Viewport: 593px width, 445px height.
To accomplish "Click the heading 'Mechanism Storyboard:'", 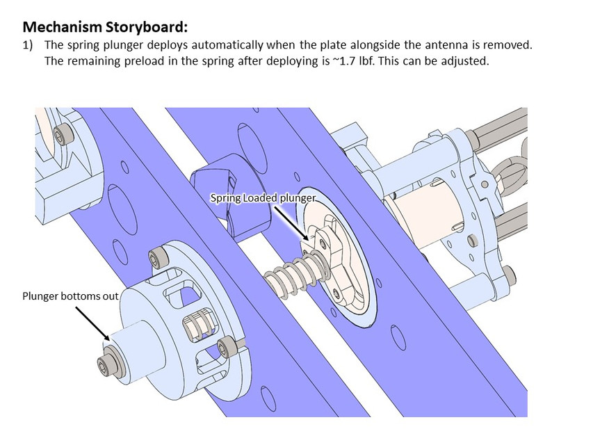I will pyautogui.click(x=106, y=27).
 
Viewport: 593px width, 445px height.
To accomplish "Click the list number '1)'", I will pyautogui.click(x=30, y=45).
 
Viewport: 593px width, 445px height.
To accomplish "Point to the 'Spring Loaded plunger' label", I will pyautogui.click(x=263, y=198).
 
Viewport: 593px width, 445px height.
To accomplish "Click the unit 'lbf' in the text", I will pyautogui.click(x=366, y=60).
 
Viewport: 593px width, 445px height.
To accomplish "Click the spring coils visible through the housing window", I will pyautogui.click(x=197, y=326).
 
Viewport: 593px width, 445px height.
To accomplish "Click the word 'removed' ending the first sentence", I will pyautogui.click(x=509, y=45).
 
